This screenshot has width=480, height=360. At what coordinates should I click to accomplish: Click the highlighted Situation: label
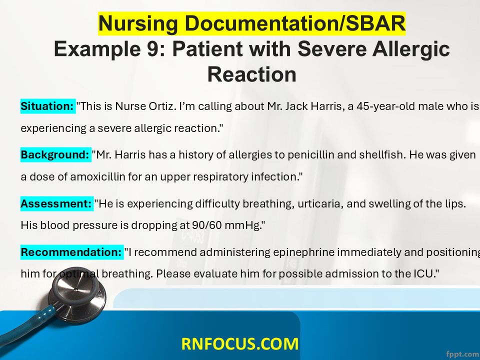[x=48, y=106]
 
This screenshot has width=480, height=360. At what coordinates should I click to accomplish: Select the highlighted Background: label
[x=55, y=154]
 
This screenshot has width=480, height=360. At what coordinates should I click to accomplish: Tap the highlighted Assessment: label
[x=57, y=203]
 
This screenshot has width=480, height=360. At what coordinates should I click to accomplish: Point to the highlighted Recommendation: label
[x=72, y=252]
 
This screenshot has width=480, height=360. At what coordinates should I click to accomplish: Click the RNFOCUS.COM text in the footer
[x=239, y=344]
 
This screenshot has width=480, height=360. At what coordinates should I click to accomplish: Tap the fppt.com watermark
[x=462, y=354]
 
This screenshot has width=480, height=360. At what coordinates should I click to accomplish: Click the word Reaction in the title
[x=251, y=74]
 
